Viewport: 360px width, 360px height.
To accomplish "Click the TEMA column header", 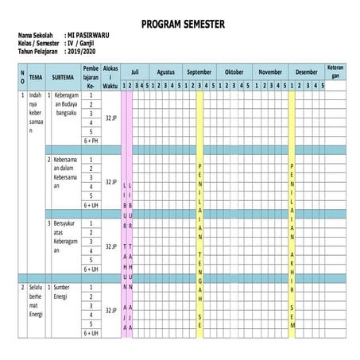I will (x=36, y=77).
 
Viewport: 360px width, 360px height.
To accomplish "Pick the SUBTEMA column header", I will (x=64, y=77).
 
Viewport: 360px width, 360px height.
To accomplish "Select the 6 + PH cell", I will (x=91, y=140).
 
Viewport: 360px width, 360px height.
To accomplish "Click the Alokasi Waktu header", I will (x=110, y=76).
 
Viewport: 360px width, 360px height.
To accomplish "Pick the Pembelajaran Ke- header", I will (x=91, y=76).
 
